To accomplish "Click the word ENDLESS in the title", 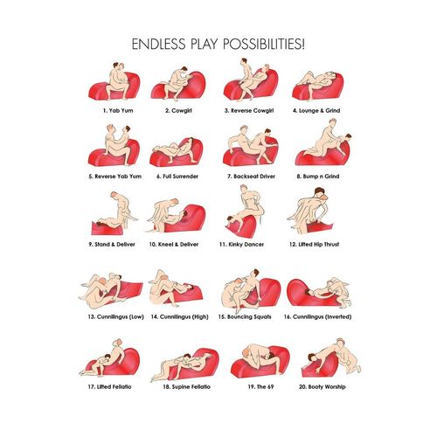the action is point(158,44).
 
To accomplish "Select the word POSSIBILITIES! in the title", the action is point(264,44).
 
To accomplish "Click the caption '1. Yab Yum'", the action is point(118,111).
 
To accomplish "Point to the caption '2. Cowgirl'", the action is point(178,111).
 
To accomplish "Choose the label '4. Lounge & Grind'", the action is point(316,111).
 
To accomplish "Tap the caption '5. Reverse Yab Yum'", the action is point(115,177).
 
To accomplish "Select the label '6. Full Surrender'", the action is point(177,177).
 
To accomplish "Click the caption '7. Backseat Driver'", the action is point(251,177).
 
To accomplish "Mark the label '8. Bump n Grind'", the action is point(318,177).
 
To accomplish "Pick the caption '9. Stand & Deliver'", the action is point(112,245).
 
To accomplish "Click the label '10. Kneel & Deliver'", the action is point(174,245).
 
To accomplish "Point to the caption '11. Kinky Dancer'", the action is point(241,245).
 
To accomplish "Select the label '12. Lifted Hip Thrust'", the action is point(314,245).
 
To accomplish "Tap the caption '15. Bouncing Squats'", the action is point(245,317).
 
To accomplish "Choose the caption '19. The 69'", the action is point(260,387).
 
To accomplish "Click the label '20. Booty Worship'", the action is point(323,387).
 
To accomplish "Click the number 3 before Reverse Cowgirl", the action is point(226,111).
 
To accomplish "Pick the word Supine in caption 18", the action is point(181,387).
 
